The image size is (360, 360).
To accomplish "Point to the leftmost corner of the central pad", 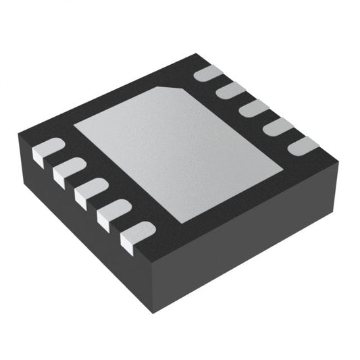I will tap(74, 126).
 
